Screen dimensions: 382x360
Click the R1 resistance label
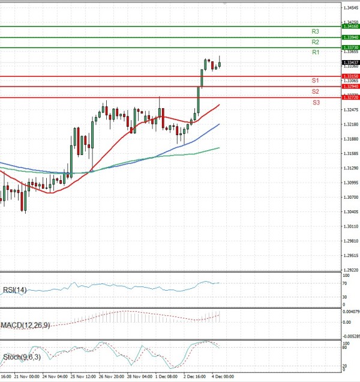315,53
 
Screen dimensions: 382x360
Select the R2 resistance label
315,42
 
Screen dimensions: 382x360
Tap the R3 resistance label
315,31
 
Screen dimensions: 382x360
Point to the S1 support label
315,80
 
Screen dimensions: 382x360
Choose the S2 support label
315,91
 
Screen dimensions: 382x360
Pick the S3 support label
315,103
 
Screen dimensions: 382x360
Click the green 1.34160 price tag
350,26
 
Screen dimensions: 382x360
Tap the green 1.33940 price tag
350,37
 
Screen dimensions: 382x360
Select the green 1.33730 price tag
350,47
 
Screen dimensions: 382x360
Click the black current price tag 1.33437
350,62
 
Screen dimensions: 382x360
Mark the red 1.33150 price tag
350,76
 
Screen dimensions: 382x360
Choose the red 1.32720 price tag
350,97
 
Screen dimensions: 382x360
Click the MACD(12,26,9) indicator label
25,325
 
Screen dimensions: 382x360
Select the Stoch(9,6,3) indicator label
21,357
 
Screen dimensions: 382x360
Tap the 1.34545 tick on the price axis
351,8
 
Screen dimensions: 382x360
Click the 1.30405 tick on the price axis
351,211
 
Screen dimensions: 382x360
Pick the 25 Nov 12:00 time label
82,377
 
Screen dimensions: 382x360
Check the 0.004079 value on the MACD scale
351,311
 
